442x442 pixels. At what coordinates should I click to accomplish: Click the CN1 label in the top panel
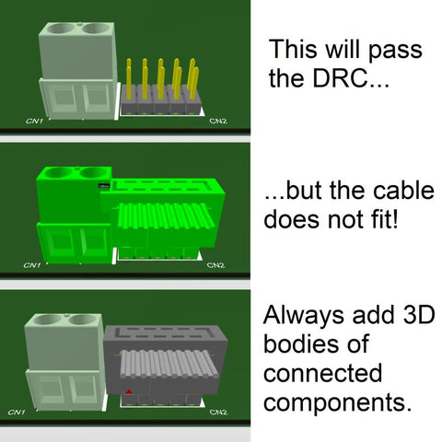(34, 121)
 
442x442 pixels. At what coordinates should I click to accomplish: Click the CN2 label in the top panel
(218, 121)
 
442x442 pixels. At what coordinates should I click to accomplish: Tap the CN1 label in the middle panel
(32, 265)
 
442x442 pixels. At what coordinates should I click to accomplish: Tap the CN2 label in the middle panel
(215, 265)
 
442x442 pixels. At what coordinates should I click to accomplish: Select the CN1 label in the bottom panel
(17, 412)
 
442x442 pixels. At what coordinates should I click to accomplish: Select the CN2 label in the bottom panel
(218, 412)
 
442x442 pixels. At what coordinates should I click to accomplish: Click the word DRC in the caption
(340, 78)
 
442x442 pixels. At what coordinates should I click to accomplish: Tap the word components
(337, 403)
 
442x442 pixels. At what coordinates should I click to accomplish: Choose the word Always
(304, 316)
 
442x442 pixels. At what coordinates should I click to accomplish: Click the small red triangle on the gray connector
(129, 391)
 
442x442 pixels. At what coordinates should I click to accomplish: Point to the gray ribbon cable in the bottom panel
(169, 364)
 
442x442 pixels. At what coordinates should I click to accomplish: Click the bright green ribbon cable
(165, 216)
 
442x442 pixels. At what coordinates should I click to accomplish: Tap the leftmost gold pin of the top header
(129, 79)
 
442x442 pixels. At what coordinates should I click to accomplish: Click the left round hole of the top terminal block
(62, 29)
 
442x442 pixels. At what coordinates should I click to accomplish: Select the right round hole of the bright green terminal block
(94, 173)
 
